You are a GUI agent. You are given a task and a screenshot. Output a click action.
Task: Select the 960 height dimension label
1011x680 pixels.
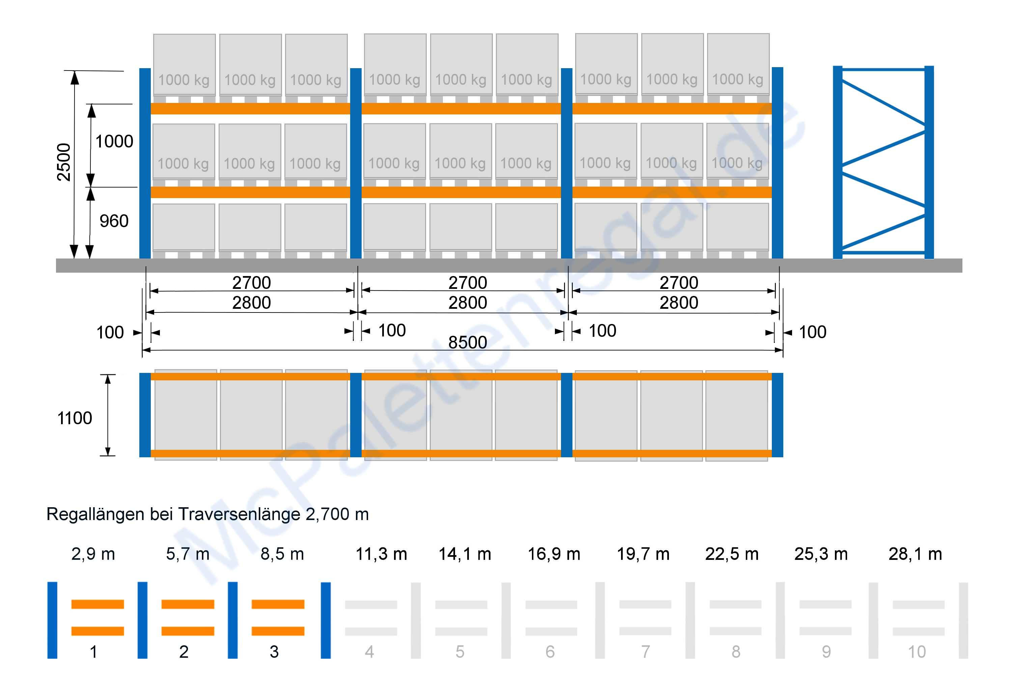[114, 221]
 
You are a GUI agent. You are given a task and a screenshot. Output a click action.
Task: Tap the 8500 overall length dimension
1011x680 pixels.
[467, 343]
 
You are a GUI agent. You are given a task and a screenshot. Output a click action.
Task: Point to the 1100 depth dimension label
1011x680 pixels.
[75, 418]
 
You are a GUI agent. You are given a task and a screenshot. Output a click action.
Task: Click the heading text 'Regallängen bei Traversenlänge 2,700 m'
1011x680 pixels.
[207, 514]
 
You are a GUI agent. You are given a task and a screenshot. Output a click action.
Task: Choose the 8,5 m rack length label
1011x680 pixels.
[282, 554]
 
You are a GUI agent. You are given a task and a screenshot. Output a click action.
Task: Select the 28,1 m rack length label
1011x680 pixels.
[915, 554]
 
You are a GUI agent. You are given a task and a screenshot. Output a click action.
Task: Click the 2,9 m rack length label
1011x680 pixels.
[93, 554]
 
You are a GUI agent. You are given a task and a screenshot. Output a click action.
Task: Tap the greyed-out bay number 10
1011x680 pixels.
[917, 652]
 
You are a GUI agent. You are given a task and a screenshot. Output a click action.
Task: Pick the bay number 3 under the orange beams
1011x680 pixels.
[274, 652]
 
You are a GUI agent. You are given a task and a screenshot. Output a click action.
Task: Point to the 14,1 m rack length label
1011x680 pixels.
[465, 554]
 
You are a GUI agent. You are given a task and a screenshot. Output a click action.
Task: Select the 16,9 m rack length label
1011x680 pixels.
[554, 554]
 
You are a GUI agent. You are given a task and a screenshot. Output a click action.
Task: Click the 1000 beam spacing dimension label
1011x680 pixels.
[114, 141]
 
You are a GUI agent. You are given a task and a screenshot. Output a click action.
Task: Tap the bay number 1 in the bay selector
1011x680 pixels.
[93, 652]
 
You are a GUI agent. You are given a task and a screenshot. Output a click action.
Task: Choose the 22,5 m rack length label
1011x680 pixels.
[732, 554]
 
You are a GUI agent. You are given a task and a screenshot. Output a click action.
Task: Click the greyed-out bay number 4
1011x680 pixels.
[369, 652]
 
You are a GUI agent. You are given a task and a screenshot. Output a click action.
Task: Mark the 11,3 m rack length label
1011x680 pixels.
[381, 554]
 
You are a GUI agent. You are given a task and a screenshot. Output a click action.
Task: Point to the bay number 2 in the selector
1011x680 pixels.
[184, 652]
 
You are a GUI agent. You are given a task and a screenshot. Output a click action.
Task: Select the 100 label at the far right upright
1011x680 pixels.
[812, 332]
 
